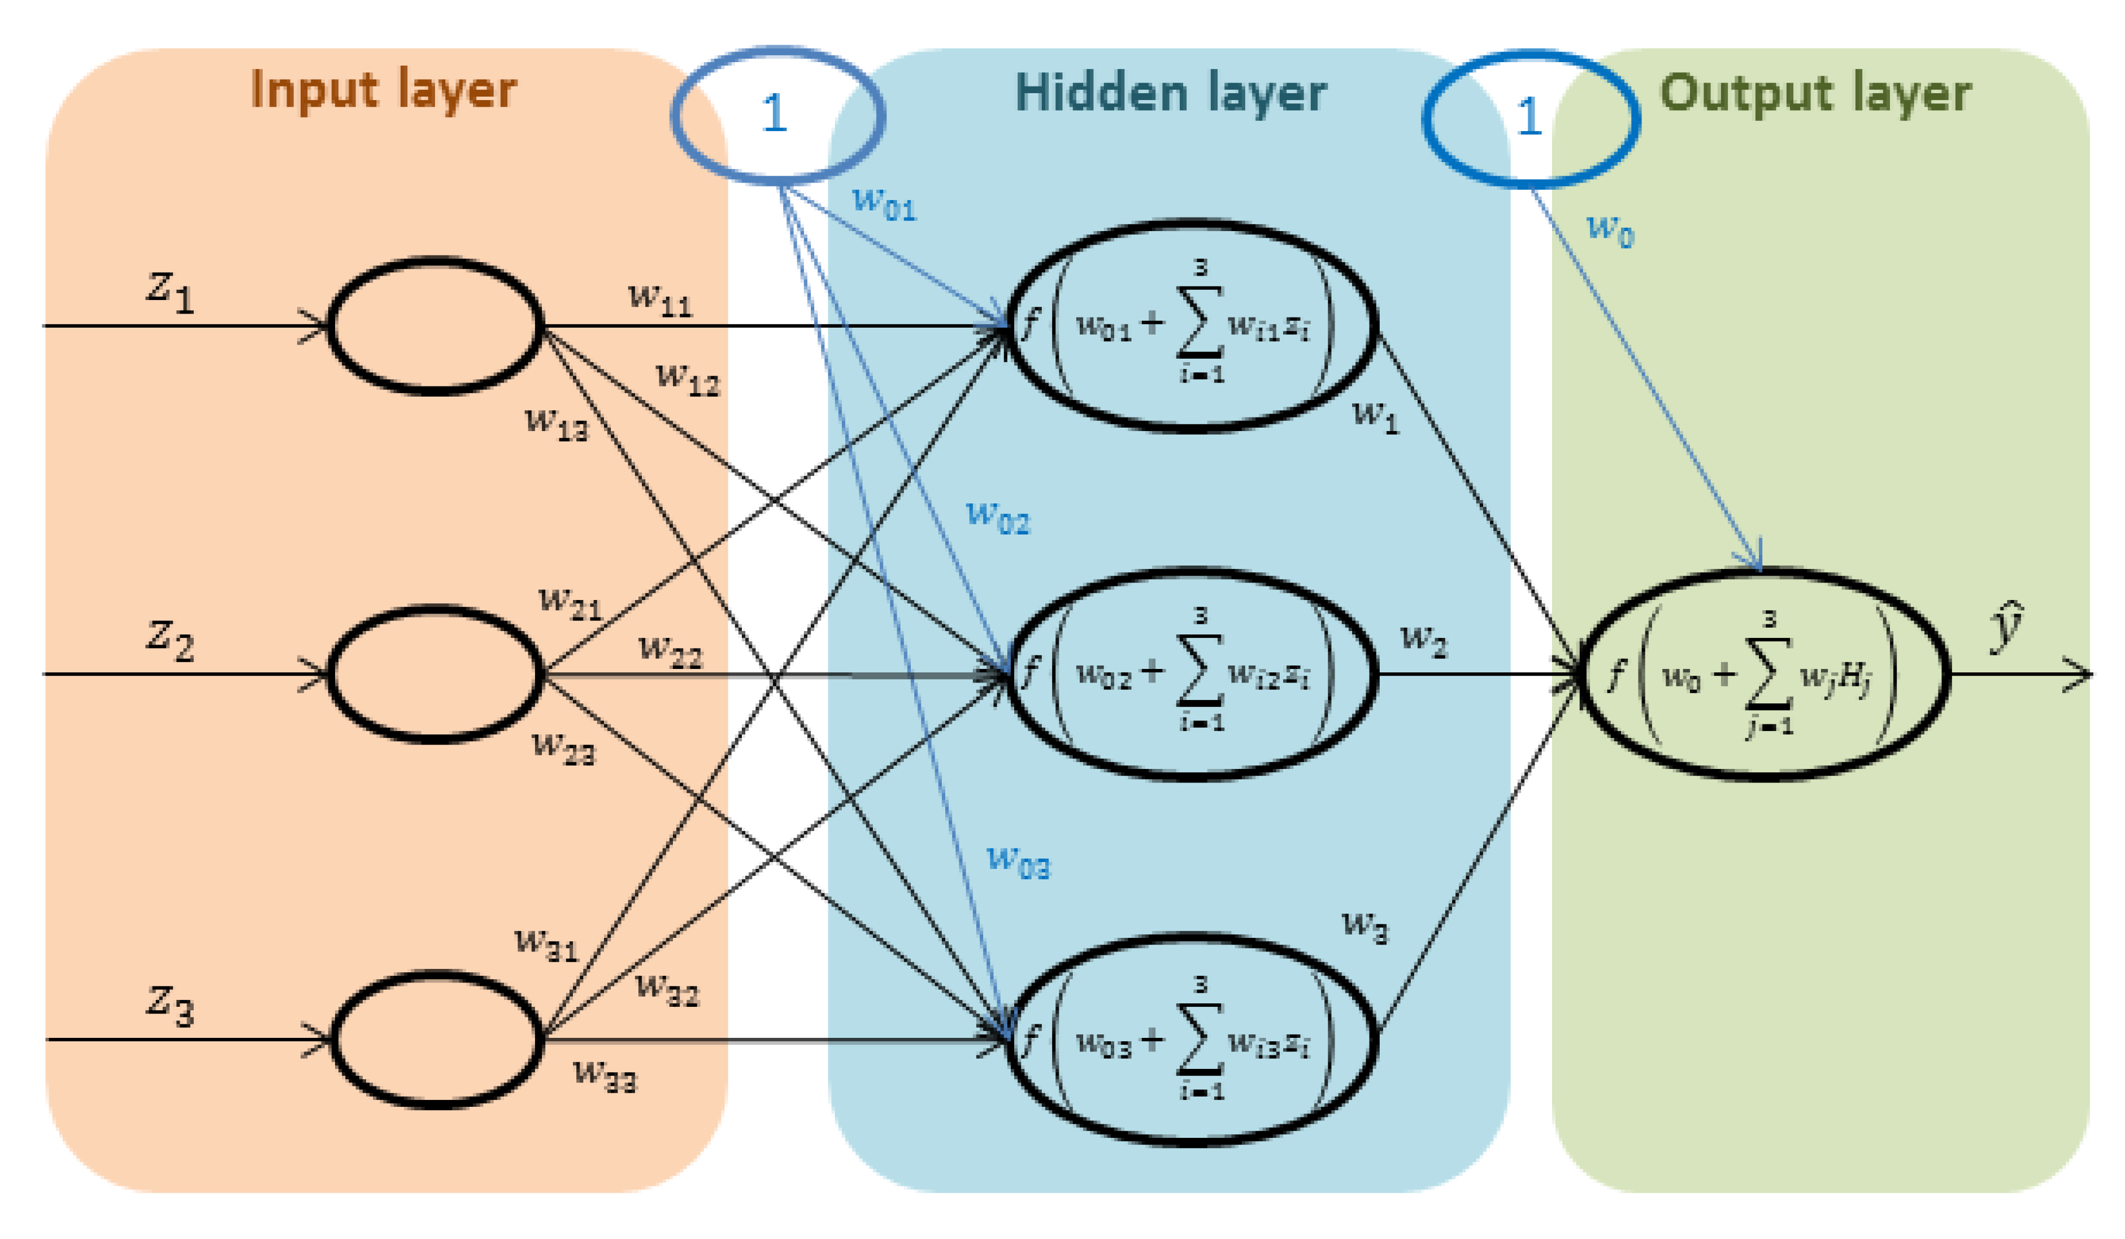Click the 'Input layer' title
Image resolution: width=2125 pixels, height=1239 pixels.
click(383, 90)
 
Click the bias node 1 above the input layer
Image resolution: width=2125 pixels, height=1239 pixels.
click(776, 115)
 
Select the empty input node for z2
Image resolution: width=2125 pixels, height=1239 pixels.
click(435, 675)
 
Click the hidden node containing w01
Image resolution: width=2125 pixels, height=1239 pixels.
click(1193, 327)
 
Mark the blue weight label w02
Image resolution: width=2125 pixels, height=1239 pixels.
click(998, 516)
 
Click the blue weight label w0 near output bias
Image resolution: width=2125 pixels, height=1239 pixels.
click(1610, 229)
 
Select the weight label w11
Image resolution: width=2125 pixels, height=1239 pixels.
click(659, 299)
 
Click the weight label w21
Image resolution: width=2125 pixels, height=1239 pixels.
click(570, 603)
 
